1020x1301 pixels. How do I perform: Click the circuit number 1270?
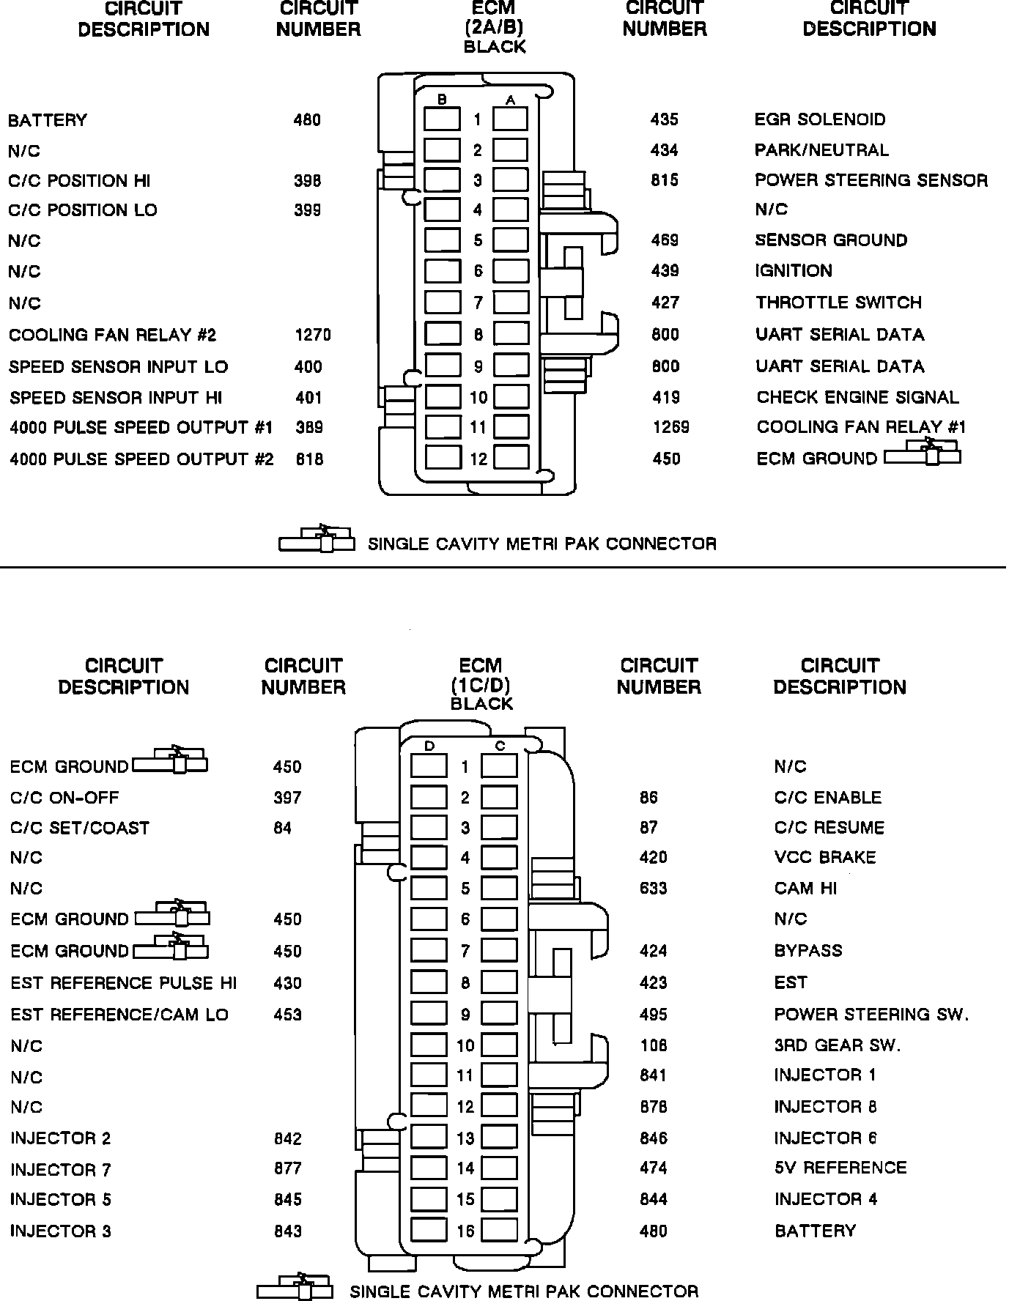(x=313, y=336)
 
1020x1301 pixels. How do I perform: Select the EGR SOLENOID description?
(x=820, y=119)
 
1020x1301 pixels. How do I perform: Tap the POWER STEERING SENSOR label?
(x=871, y=180)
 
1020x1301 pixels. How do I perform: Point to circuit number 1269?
(x=671, y=427)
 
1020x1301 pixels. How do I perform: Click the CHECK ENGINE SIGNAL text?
(x=857, y=397)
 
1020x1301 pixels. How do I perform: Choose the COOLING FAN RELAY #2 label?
(x=113, y=336)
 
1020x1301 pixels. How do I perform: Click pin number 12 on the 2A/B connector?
(x=478, y=459)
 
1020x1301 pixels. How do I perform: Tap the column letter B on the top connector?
(x=442, y=100)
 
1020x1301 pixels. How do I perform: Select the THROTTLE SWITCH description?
(x=838, y=303)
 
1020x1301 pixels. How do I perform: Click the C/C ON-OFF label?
(x=64, y=798)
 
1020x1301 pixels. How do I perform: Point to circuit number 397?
(x=287, y=798)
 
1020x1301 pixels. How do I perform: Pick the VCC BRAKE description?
(x=825, y=857)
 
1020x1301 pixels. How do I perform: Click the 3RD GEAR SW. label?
(x=838, y=1045)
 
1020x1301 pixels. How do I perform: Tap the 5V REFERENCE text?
(x=840, y=1168)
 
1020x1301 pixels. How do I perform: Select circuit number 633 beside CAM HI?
(x=653, y=889)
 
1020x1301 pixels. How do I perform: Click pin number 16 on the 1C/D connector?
(x=465, y=1231)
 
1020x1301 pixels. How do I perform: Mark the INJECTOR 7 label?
(x=61, y=1170)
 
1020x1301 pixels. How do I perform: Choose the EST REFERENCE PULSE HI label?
(x=123, y=983)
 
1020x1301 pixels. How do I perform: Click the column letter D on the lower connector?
(x=429, y=746)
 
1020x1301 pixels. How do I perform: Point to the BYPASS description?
(x=808, y=951)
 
